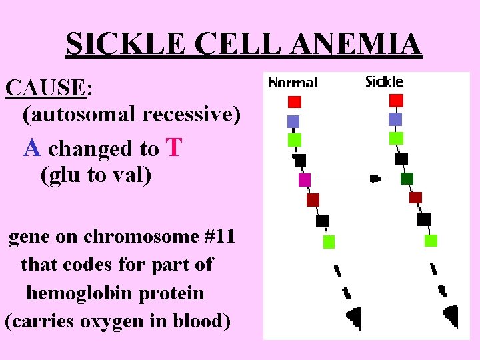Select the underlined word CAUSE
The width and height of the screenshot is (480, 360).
[x=45, y=87]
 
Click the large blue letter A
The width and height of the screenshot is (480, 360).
[x=32, y=147]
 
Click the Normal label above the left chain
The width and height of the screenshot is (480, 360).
[x=293, y=83]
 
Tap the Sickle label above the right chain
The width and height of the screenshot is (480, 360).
[x=384, y=81]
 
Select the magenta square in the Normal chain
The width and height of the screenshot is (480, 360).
[x=305, y=180]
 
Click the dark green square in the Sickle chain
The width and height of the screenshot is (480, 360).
[x=407, y=178]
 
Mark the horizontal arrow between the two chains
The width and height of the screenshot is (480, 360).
[x=350, y=179]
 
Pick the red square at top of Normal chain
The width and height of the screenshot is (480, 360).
[x=295, y=102]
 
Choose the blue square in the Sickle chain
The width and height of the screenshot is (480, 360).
[x=395, y=119]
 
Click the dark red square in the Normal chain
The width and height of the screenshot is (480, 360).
[x=313, y=200]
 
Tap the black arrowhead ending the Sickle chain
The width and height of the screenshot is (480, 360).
[x=451, y=315]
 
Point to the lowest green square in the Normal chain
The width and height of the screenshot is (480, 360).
[x=329, y=242]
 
